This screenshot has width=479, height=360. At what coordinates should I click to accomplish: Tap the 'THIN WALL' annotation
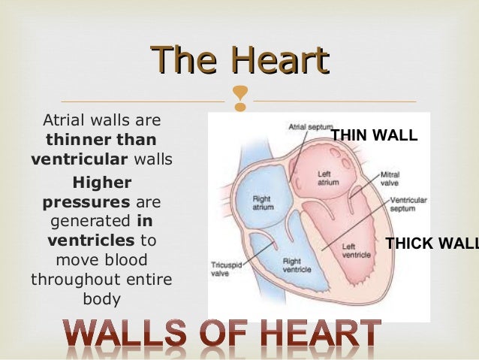coord(374,135)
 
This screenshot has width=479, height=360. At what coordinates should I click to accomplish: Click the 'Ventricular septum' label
coord(409,204)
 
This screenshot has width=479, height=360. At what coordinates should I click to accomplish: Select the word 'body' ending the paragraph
coord(101,298)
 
